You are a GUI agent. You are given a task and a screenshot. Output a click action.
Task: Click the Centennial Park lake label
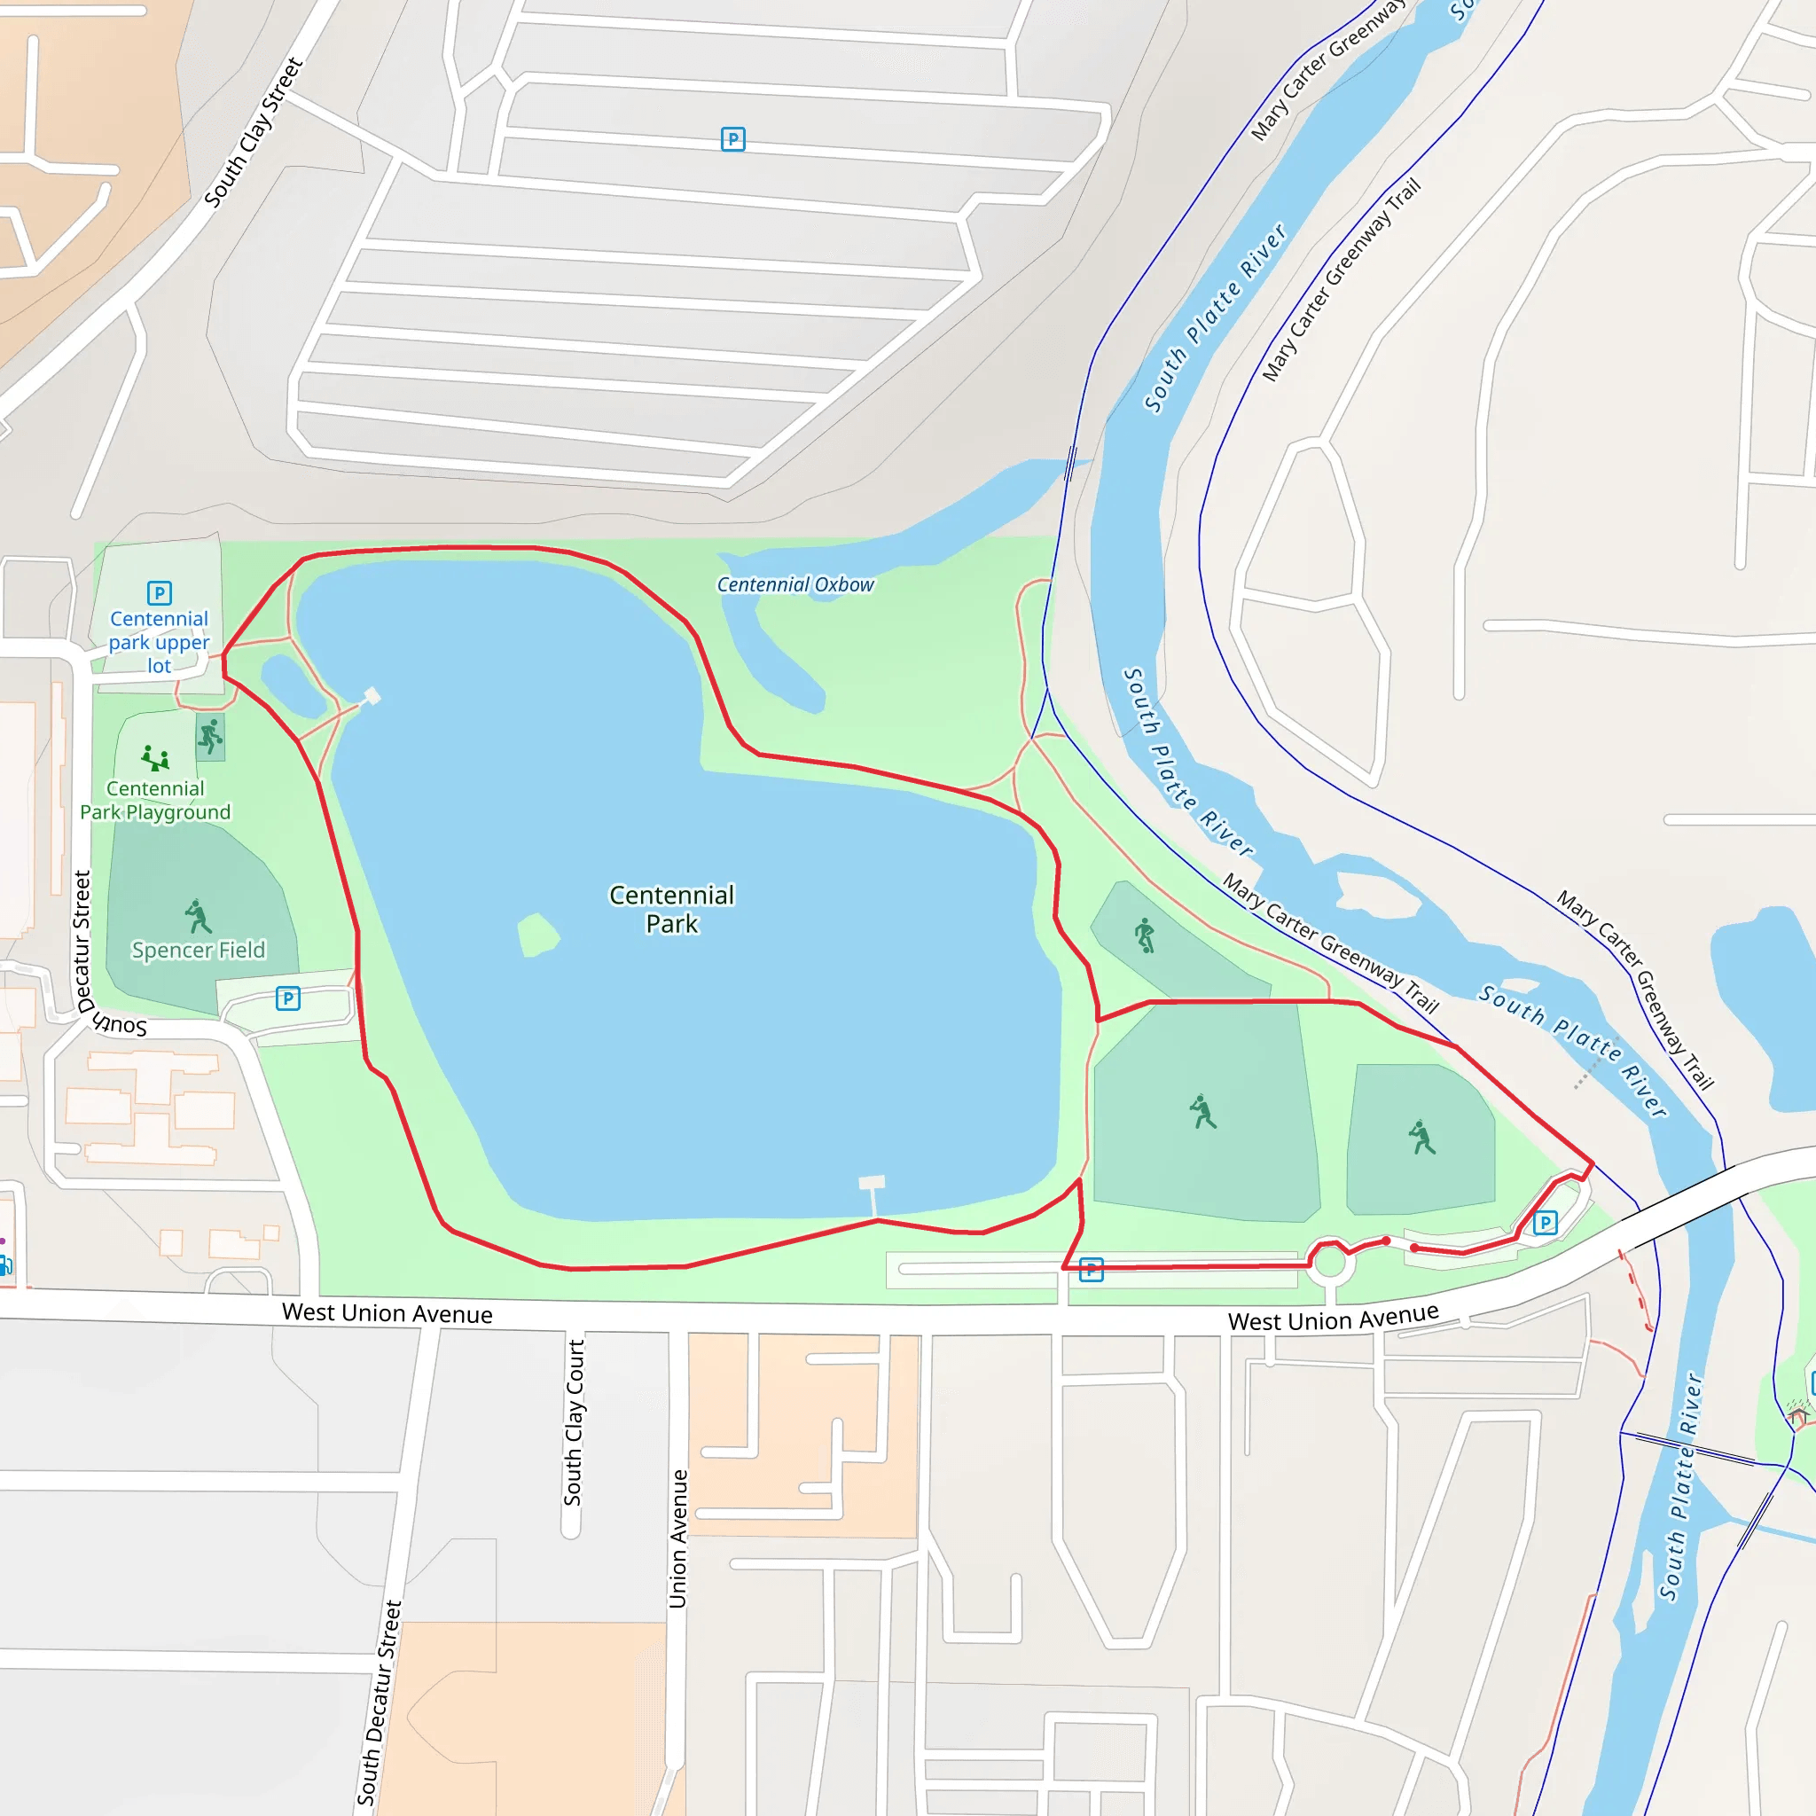[x=671, y=909]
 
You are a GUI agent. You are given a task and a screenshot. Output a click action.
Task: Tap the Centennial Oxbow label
[x=795, y=584]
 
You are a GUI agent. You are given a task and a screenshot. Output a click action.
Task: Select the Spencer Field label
[x=199, y=951]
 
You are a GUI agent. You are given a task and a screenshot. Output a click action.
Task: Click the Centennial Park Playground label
[x=155, y=800]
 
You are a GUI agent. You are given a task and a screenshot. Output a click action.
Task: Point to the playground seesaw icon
[x=155, y=757]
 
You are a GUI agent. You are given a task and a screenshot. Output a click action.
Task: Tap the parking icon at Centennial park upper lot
[x=159, y=593]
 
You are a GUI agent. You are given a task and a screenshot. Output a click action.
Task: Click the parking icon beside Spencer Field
[x=287, y=998]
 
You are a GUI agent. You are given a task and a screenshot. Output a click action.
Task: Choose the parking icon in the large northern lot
[x=732, y=139]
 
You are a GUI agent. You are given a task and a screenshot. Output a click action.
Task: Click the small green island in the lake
[x=537, y=935]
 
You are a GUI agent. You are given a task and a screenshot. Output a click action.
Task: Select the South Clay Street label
[x=254, y=132]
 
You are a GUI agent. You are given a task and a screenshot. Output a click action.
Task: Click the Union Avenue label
[x=677, y=1538]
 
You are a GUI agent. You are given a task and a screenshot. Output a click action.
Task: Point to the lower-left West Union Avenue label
[x=387, y=1313]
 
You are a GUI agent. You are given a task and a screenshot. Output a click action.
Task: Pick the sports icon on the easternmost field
[x=1421, y=1138]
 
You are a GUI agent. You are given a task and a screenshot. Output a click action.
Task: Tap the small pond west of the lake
[x=294, y=686]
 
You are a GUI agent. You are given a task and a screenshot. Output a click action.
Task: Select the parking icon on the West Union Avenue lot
[x=1091, y=1270]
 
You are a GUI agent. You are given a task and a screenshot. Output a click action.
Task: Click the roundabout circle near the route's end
[x=1329, y=1263]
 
